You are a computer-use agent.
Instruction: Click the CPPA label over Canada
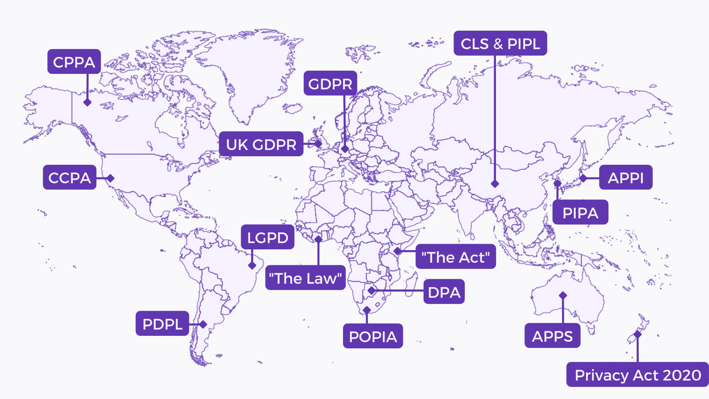pyautogui.click(x=74, y=62)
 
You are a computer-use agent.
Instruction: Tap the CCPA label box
pyautogui.click(x=69, y=177)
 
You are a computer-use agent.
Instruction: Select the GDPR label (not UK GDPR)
pyautogui.click(x=330, y=83)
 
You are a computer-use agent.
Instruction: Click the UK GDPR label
pyautogui.click(x=261, y=144)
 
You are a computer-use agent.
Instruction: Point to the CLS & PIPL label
pyautogui.click(x=500, y=43)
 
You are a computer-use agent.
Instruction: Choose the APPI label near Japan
pyautogui.click(x=626, y=177)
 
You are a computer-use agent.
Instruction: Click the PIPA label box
pyautogui.click(x=580, y=212)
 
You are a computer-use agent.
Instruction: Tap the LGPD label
pyautogui.click(x=267, y=237)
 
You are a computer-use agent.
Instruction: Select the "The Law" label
pyautogui.click(x=305, y=278)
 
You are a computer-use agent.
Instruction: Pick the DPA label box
pyautogui.click(x=444, y=292)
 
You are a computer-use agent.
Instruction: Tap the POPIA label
pyautogui.click(x=373, y=336)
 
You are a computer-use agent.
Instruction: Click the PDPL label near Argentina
pyautogui.click(x=162, y=324)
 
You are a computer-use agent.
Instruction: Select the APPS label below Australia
pyautogui.click(x=552, y=336)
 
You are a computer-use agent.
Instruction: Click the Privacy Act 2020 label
pyautogui.click(x=637, y=375)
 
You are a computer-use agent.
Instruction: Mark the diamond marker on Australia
pyautogui.click(x=563, y=295)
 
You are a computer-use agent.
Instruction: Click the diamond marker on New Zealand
pyautogui.click(x=637, y=334)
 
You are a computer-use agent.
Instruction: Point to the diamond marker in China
pyautogui.click(x=495, y=184)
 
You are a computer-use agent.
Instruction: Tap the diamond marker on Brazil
pyautogui.click(x=252, y=265)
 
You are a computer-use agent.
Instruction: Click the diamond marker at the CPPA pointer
pyautogui.click(x=88, y=102)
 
